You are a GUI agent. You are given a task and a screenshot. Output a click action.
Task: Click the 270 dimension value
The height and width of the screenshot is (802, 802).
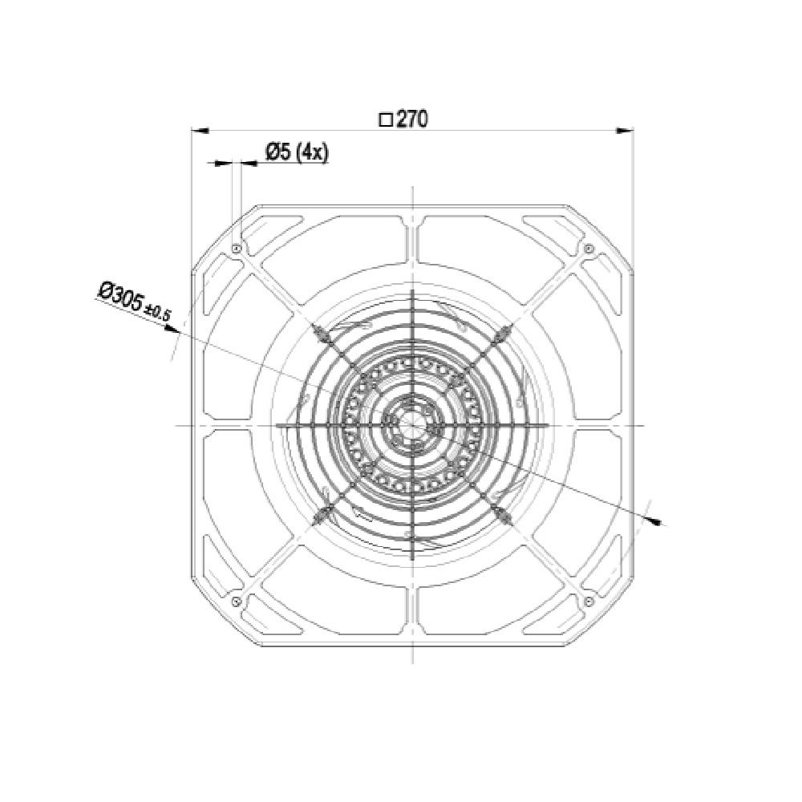pos(412,119)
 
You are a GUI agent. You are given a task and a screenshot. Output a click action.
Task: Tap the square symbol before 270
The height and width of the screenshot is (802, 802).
pos(386,120)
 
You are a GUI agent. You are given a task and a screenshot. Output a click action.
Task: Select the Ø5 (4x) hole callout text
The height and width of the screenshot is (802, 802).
pos(298,152)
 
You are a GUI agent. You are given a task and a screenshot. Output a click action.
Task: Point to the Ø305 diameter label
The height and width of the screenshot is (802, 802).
pos(121,298)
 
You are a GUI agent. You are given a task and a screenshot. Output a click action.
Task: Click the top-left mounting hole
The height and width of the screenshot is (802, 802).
pos(236,249)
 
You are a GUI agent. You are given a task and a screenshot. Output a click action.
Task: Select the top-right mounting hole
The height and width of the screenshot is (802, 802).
pos(589,249)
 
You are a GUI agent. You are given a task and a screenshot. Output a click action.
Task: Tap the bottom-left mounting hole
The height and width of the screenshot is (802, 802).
pos(236,601)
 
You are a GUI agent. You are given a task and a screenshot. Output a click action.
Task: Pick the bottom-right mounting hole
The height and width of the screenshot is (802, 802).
pos(589,601)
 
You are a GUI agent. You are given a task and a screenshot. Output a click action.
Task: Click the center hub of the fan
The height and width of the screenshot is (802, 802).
pos(412,425)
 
